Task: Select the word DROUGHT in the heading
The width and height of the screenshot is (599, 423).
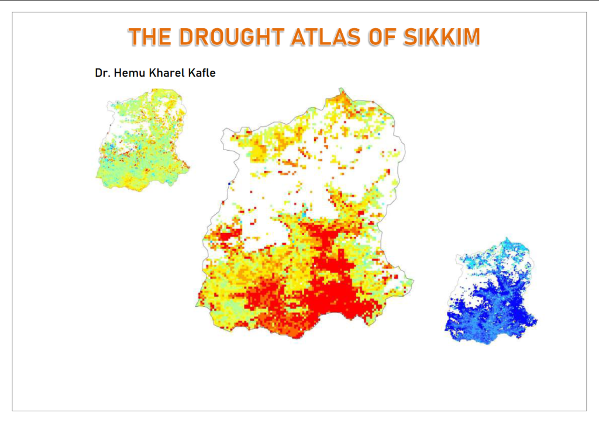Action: pos(230,37)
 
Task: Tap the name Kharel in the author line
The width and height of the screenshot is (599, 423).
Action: pos(164,74)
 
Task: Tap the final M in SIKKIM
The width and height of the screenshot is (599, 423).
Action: pos(470,37)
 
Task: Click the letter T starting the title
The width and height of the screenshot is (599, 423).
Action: pos(135,37)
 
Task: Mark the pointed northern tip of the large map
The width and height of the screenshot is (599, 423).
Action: pos(340,89)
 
